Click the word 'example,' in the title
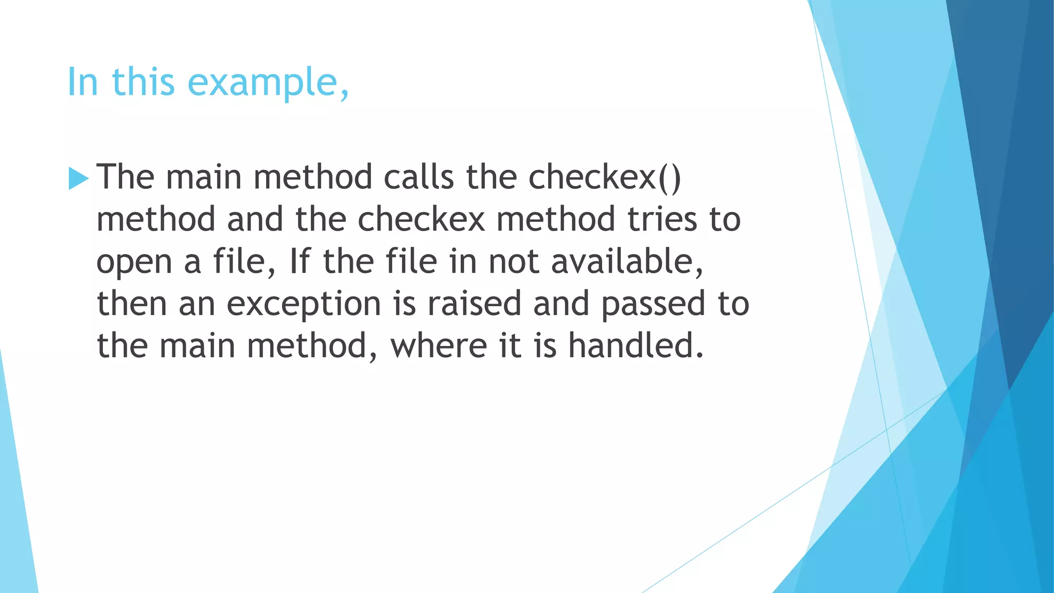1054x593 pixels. (x=268, y=82)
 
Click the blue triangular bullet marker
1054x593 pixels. (x=78, y=179)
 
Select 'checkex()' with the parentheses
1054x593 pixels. (x=605, y=177)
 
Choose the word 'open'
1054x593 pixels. (x=134, y=263)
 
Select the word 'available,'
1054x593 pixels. (x=627, y=261)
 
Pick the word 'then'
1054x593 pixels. (x=132, y=303)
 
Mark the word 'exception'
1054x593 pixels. (x=304, y=304)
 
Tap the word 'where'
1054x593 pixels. (x=438, y=345)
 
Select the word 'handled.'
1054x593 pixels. (x=636, y=345)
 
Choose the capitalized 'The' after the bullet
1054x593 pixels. (x=125, y=177)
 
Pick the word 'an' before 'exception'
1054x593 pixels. (x=197, y=304)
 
